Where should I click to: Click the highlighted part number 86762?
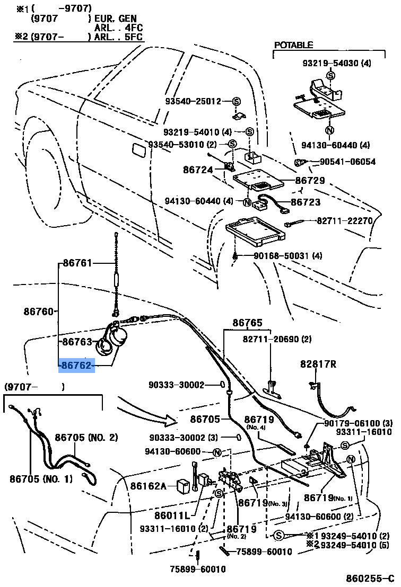pyautogui.click(x=77, y=365)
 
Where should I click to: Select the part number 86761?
pyautogui.click(x=77, y=263)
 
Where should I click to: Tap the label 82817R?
pyautogui.click(x=318, y=364)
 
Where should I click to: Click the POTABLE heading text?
pyautogui.click(x=293, y=46)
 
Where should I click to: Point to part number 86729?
pyautogui.click(x=310, y=181)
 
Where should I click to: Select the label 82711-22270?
pyautogui.click(x=345, y=220)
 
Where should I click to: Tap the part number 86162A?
pyautogui.click(x=149, y=486)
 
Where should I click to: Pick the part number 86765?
pyautogui.click(x=247, y=322)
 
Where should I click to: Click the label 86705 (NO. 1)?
pyautogui.click(x=40, y=479)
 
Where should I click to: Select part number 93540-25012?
pyautogui.click(x=192, y=101)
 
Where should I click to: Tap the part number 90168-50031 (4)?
pyautogui.click(x=287, y=256)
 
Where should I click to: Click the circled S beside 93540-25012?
pyautogui.click(x=236, y=101)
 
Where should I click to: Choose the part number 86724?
pyautogui.click(x=198, y=170)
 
